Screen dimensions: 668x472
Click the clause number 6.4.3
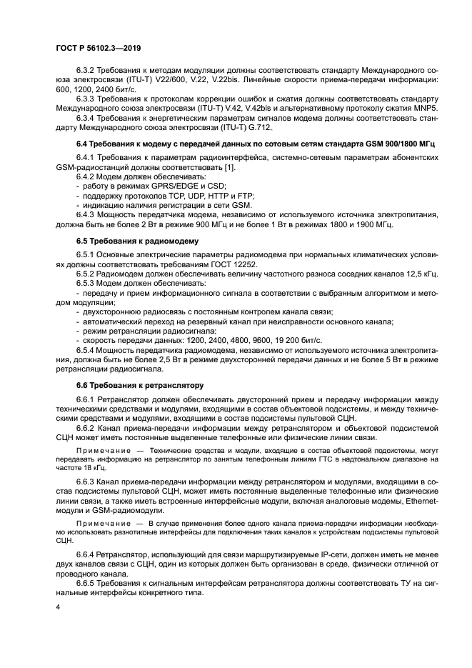(x=86, y=214)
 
